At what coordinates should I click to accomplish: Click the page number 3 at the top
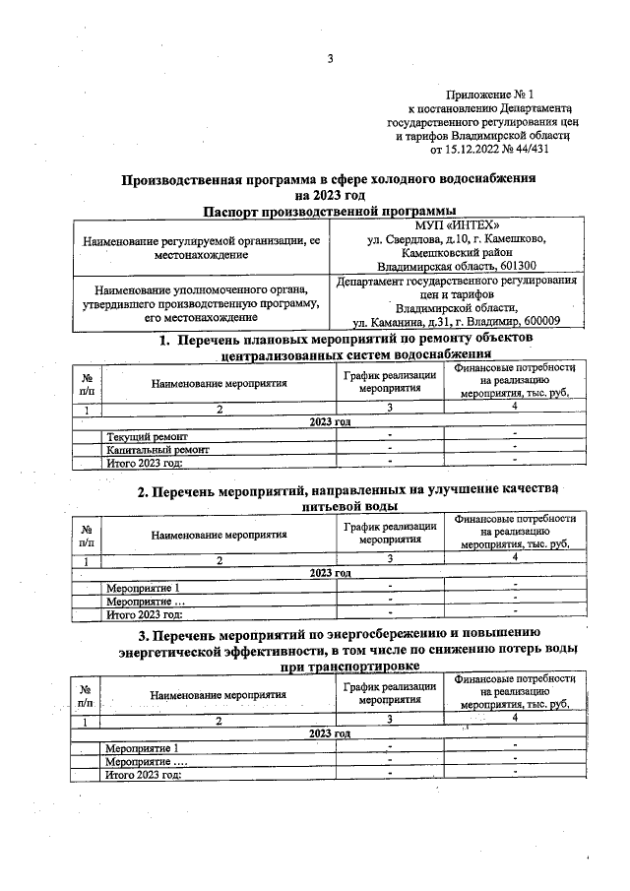pos(331,59)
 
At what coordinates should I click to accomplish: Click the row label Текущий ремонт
pos(148,436)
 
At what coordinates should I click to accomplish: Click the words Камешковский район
pos(456,252)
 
